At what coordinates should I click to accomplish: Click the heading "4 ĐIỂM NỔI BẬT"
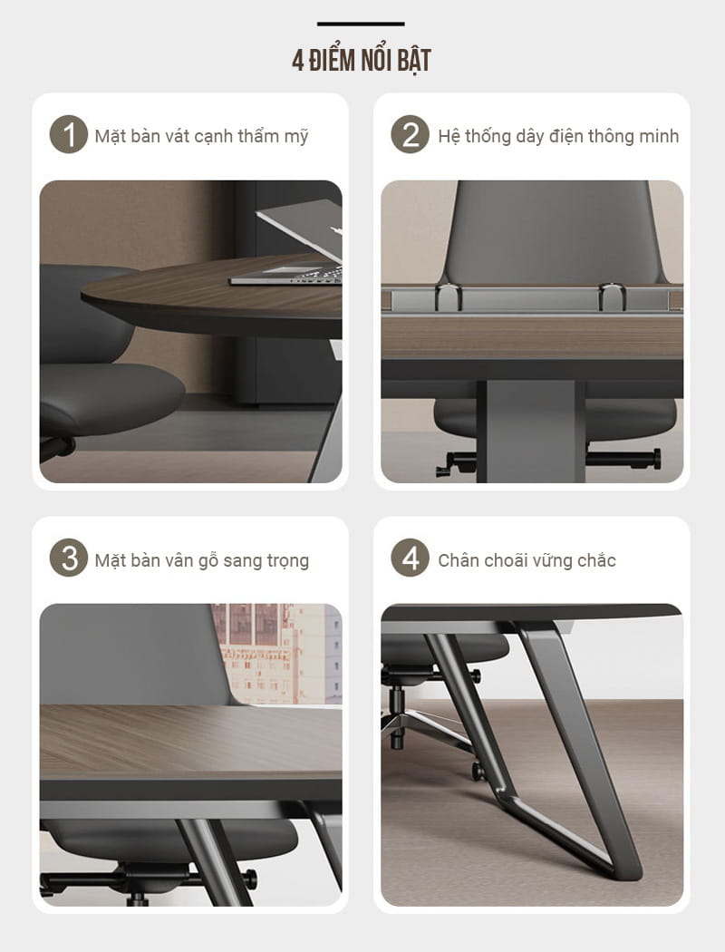(362, 60)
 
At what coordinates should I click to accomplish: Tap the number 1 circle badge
(69, 134)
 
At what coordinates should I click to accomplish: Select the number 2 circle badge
(411, 134)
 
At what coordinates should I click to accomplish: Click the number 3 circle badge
(69, 558)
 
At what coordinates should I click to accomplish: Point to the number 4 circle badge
(411, 558)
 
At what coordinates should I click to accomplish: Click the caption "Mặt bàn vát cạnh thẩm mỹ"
(201, 136)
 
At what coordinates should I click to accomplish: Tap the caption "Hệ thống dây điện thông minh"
(558, 136)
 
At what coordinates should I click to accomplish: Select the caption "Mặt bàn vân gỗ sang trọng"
(201, 560)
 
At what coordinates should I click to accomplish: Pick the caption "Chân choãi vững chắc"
(527, 560)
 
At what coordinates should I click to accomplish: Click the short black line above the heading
(361, 24)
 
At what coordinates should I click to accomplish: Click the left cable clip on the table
(449, 296)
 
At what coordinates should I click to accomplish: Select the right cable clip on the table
(612, 296)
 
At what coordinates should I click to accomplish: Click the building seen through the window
(277, 653)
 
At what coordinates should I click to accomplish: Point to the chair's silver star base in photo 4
(428, 723)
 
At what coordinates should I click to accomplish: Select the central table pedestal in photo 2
(530, 431)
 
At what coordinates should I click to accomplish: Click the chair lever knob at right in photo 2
(656, 459)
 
